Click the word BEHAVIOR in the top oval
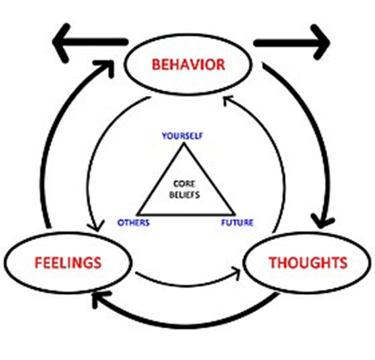[x=188, y=64]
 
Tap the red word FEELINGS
[x=68, y=263]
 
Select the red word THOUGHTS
[x=308, y=262]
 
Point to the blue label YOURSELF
[x=182, y=136]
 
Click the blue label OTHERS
[x=134, y=223]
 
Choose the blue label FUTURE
[x=237, y=223]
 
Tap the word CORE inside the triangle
[x=184, y=183]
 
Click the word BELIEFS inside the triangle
[x=185, y=195]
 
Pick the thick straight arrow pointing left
[x=89, y=42]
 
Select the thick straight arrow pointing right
[x=292, y=43]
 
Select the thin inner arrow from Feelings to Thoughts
[x=188, y=285]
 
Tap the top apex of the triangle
[x=184, y=143]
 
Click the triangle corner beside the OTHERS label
[x=138, y=214]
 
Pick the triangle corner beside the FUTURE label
[x=235, y=214]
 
